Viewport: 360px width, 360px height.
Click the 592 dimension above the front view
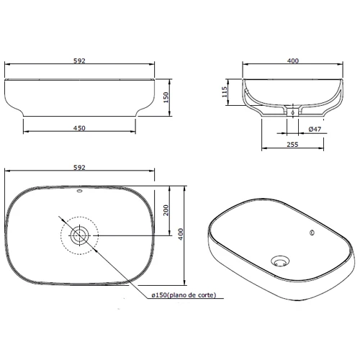pyautogui.click(x=79, y=60)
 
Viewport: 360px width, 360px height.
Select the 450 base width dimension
pyautogui.click(x=79, y=128)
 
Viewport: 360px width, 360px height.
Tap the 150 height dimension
pyautogui.click(x=166, y=97)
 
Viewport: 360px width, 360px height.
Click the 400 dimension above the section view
pyautogui.click(x=293, y=60)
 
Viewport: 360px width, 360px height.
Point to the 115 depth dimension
pyautogui.click(x=225, y=92)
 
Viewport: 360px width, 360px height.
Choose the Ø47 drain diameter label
pyautogui.click(x=315, y=129)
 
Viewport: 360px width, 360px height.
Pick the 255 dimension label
pyautogui.click(x=292, y=145)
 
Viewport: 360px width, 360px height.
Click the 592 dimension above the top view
pyautogui.click(x=79, y=167)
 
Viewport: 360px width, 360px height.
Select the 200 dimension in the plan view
pyautogui.click(x=166, y=210)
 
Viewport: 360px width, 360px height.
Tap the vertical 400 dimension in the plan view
pyautogui.click(x=181, y=234)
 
